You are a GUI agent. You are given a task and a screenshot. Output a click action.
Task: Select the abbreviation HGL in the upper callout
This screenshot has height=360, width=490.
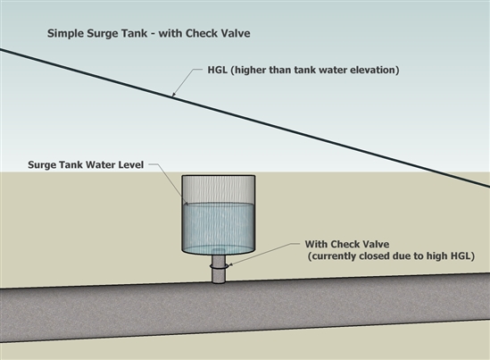(218, 70)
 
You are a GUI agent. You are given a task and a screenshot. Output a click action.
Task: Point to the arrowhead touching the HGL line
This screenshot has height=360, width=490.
(174, 94)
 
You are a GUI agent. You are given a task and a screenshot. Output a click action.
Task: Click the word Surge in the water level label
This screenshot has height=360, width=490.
(39, 165)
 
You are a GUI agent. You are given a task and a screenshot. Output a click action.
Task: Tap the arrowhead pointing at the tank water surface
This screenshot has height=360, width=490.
(186, 203)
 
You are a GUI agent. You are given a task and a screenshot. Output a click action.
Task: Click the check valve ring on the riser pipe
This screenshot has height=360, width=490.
(219, 266)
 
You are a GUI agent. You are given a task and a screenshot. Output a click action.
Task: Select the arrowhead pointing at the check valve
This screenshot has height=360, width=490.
(230, 264)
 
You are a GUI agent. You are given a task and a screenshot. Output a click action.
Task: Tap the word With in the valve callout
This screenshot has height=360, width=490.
(316, 244)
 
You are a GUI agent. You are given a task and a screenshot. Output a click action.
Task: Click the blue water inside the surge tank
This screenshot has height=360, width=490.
(219, 227)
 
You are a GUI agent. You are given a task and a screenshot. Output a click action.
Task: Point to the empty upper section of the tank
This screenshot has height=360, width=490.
(219, 189)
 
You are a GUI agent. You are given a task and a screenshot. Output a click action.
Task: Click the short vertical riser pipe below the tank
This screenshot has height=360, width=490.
(219, 268)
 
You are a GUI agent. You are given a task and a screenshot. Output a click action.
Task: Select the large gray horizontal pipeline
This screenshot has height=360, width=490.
(245, 308)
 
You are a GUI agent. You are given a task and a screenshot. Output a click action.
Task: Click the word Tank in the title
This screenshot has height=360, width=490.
(135, 33)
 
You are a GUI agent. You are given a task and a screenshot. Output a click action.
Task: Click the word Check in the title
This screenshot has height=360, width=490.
(201, 33)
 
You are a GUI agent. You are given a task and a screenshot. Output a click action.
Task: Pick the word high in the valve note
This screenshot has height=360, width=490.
(437, 256)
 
